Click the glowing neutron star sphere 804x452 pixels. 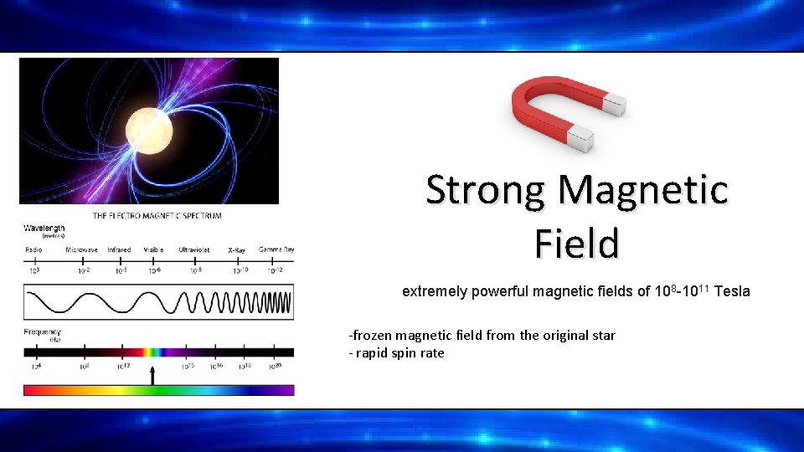(149, 130)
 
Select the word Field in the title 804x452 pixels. (576, 244)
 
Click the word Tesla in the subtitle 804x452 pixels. (732, 291)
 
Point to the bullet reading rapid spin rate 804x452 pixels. (396, 353)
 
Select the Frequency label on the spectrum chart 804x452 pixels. (44, 333)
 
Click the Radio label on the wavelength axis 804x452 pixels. (34, 249)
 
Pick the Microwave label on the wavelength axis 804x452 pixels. (81, 249)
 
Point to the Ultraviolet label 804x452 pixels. (194, 249)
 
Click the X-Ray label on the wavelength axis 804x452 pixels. (237, 249)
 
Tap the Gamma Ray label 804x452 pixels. (276, 249)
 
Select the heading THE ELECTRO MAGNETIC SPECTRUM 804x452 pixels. (157, 216)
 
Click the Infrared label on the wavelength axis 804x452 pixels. (119, 249)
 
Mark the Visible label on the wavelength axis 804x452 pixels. (153, 249)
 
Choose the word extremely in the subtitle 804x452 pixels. (433, 291)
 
